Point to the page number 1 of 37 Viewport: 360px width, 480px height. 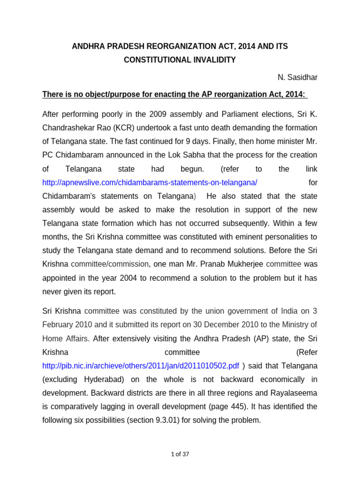[x=180, y=454]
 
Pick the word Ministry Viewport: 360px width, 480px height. [x=293, y=324]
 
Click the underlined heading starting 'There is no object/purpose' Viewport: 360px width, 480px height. [x=174, y=95]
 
